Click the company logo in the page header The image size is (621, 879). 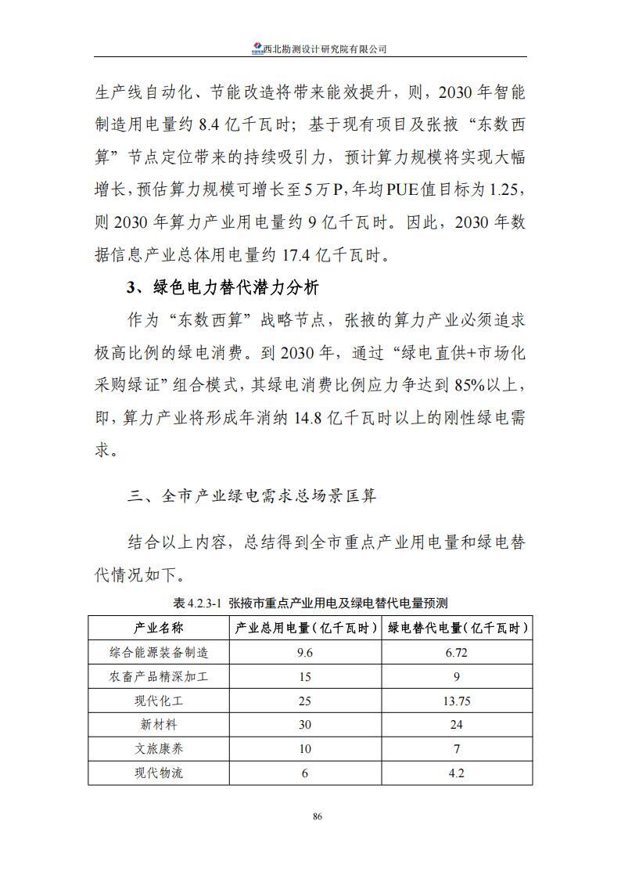(257, 49)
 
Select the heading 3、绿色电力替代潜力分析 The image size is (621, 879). (223, 289)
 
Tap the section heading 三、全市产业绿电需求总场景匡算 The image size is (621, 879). (253, 496)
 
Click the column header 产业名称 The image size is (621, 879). (159, 628)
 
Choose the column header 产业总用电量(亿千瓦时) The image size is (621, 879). (305, 628)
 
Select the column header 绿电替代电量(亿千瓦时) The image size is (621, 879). (458, 628)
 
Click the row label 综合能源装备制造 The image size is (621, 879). (159, 652)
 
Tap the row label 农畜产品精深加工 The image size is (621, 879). (159, 676)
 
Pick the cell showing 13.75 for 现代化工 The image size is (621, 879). (458, 701)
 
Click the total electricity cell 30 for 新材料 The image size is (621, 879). (305, 725)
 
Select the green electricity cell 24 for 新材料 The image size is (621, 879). (458, 725)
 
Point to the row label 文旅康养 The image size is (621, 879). (159, 749)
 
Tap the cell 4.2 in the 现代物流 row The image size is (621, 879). (458, 773)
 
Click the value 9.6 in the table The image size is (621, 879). (305, 652)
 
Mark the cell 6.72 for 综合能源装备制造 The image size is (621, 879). (458, 652)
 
